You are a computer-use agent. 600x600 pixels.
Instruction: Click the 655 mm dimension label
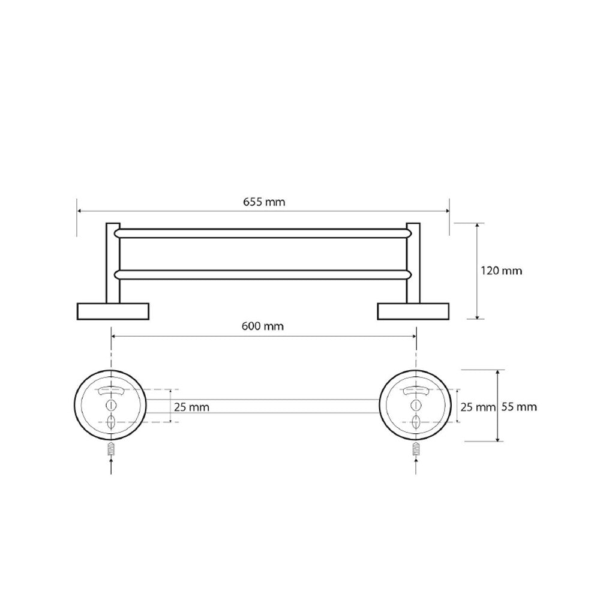[x=264, y=202]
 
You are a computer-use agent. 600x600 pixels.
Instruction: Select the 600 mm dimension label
[x=263, y=326]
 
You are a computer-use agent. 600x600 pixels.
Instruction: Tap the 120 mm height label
[x=501, y=271]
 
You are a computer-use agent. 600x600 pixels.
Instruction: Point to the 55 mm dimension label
[x=519, y=407]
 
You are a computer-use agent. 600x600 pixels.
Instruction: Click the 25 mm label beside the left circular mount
[x=192, y=407]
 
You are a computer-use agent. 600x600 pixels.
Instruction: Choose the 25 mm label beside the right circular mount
[x=478, y=407]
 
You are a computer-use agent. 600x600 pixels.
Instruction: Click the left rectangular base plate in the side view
[x=113, y=311]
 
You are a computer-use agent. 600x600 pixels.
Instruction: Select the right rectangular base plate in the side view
[x=413, y=311]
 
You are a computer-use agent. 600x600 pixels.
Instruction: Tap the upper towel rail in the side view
[x=263, y=233]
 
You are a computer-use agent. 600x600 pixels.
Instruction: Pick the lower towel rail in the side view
[x=263, y=274]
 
